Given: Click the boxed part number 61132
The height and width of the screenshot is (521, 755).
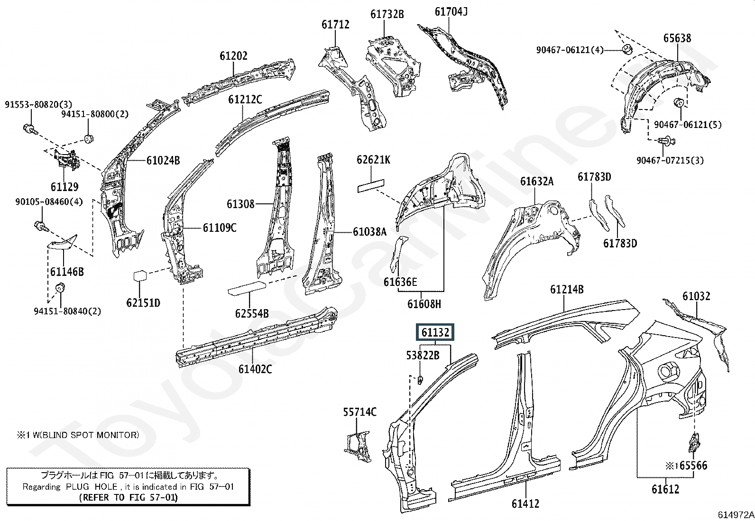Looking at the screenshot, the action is click(x=435, y=332).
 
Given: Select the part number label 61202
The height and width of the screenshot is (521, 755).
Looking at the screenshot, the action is click(x=234, y=55).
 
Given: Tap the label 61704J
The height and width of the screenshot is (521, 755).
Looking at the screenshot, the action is click(x=451, y=12).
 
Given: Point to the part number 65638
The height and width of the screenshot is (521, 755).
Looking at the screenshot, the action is click(x=677, y=38).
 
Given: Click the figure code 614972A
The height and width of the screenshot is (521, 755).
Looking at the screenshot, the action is click(x=736, y=514).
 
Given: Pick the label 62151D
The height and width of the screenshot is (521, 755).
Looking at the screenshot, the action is click(x=143, y=302).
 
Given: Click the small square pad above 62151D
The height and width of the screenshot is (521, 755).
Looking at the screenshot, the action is click(x=140, y=275).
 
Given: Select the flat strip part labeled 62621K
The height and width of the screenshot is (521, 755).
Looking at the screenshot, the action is click(x=371, y=185).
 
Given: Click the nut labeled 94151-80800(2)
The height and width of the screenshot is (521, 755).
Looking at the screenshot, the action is click(x=88, y=138).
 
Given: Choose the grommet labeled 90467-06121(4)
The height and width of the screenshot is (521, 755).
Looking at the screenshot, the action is click(x=627, y=49).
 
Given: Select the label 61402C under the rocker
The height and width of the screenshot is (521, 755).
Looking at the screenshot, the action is click(x=255, y=369).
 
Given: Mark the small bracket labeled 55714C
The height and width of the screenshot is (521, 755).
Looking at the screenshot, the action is click(x=358, y=446).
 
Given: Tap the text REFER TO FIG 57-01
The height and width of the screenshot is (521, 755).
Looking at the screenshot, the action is click(x=129, y=498).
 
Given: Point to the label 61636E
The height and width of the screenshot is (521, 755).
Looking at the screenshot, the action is click(x=400, y=282).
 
